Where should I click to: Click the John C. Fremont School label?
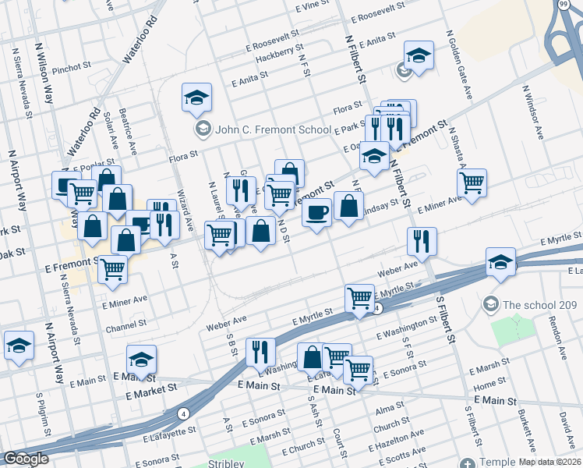tap(253, 129)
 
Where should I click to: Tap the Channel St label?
tap(126, 323)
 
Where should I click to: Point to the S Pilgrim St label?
tap(41, 417)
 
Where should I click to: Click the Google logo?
tap(25, 459)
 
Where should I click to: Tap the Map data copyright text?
tap(550, 462)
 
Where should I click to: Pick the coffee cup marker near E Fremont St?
tap(316, 212)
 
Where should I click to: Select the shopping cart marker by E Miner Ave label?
tap(472, 183)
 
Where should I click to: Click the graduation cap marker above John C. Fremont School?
tap(197, 97)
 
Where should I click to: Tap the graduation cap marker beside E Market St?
tap(142, 360)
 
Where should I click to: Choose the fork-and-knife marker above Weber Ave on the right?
tap(422, 241)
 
